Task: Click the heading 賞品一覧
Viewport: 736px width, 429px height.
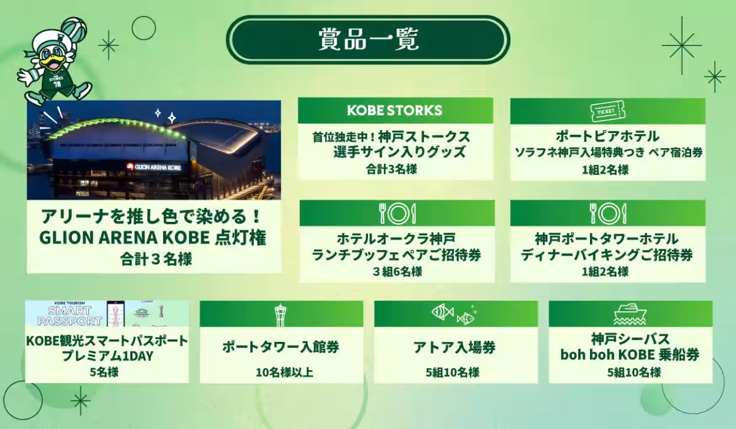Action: [x=368, y=39]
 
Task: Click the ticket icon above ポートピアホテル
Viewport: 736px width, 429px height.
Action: [x=607, y=111]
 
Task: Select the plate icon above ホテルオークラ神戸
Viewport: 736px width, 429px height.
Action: [x=396, y=213]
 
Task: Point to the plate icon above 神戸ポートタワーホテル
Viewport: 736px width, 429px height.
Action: [x=607, y=213]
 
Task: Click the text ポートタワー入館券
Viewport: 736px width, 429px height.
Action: [x=281, y=347]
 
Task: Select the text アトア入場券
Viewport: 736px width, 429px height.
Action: [x=454, y=347]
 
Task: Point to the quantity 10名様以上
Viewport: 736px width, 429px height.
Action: [x=281, y=372]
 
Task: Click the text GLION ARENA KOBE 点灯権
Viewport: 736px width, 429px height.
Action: [x=153, y=238]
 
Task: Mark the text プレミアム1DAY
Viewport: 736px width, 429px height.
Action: [x=107, y=355]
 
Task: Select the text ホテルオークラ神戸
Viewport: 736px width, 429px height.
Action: [x=396, y=238]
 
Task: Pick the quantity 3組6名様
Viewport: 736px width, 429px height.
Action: [x=396, y=271]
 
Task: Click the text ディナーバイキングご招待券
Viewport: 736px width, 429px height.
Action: [x=607, y=254]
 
